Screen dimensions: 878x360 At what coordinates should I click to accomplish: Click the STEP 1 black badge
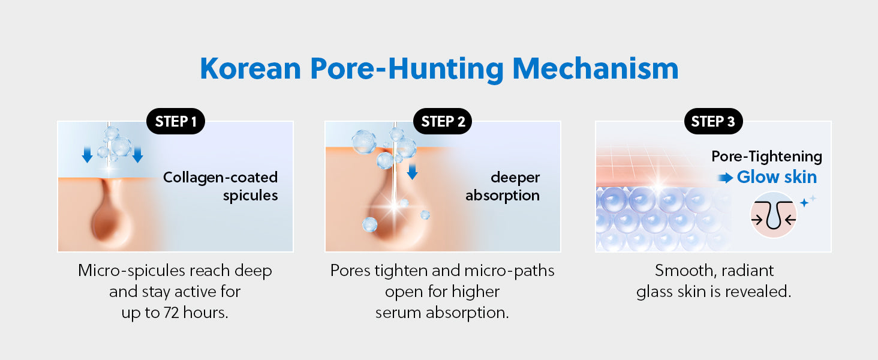176,121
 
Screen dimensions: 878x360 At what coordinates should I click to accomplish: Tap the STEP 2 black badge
443,121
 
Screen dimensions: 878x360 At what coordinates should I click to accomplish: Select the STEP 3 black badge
714,121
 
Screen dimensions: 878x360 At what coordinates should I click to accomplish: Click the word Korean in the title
251,68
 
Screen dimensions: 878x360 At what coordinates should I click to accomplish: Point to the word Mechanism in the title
596,68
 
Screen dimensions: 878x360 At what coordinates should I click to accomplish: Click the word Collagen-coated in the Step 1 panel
220,177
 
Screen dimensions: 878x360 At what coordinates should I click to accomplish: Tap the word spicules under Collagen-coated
251,195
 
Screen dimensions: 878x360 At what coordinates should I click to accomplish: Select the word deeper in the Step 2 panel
515,178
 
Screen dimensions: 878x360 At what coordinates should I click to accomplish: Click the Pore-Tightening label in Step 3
766,157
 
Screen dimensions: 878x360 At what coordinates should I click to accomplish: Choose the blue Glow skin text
777,177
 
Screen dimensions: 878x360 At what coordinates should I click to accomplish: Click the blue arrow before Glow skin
725,178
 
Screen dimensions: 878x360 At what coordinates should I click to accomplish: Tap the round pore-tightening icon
773,215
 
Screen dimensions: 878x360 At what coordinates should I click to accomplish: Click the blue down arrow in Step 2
413,172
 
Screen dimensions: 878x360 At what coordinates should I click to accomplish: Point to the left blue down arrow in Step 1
87,155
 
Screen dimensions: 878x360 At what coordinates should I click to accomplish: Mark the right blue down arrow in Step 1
137,155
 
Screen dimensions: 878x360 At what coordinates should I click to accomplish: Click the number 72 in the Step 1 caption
172,313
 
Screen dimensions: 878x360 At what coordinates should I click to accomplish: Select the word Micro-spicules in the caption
132,271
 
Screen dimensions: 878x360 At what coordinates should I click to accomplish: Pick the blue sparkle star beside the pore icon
804,203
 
